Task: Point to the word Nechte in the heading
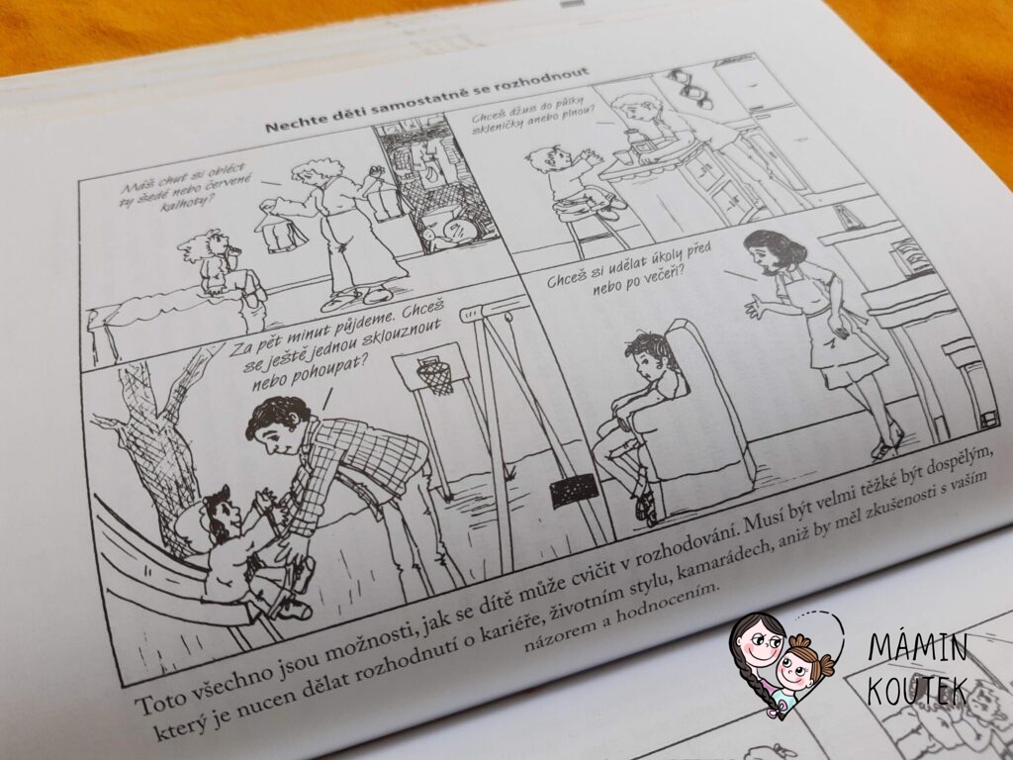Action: (290, 123)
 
